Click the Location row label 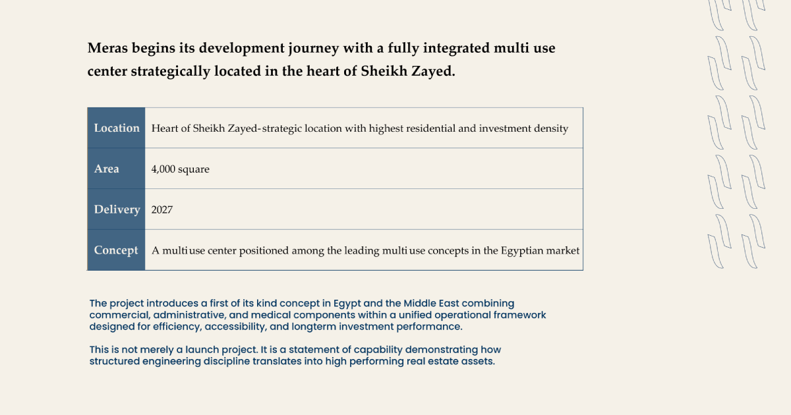point(117,128)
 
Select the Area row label point(106,169)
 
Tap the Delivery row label point(117,209)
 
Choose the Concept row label point(116,250)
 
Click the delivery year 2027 point(161,209)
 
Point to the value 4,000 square point(180,169)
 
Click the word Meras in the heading point(107,48)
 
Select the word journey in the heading point(314,48)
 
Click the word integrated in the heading point(456,48)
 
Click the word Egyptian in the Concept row point(522,251)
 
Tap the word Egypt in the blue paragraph point(347,304)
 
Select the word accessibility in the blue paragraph point(235,327)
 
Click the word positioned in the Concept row point(264,251)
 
